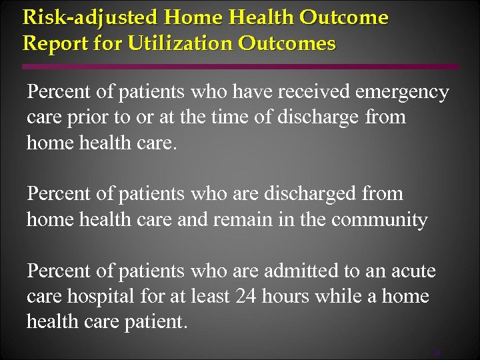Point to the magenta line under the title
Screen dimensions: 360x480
click(x=240, y=67)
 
